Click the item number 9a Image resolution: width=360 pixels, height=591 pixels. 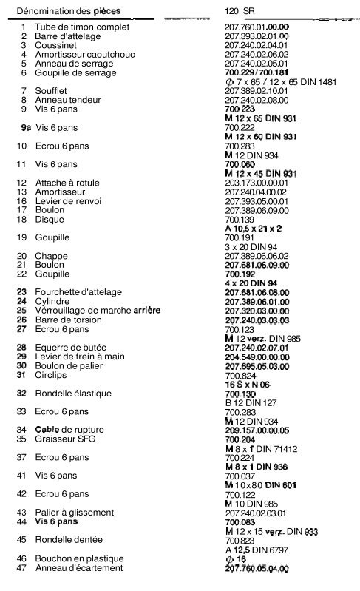click(27, 127)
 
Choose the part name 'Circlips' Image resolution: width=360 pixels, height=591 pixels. click(50, 375)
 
